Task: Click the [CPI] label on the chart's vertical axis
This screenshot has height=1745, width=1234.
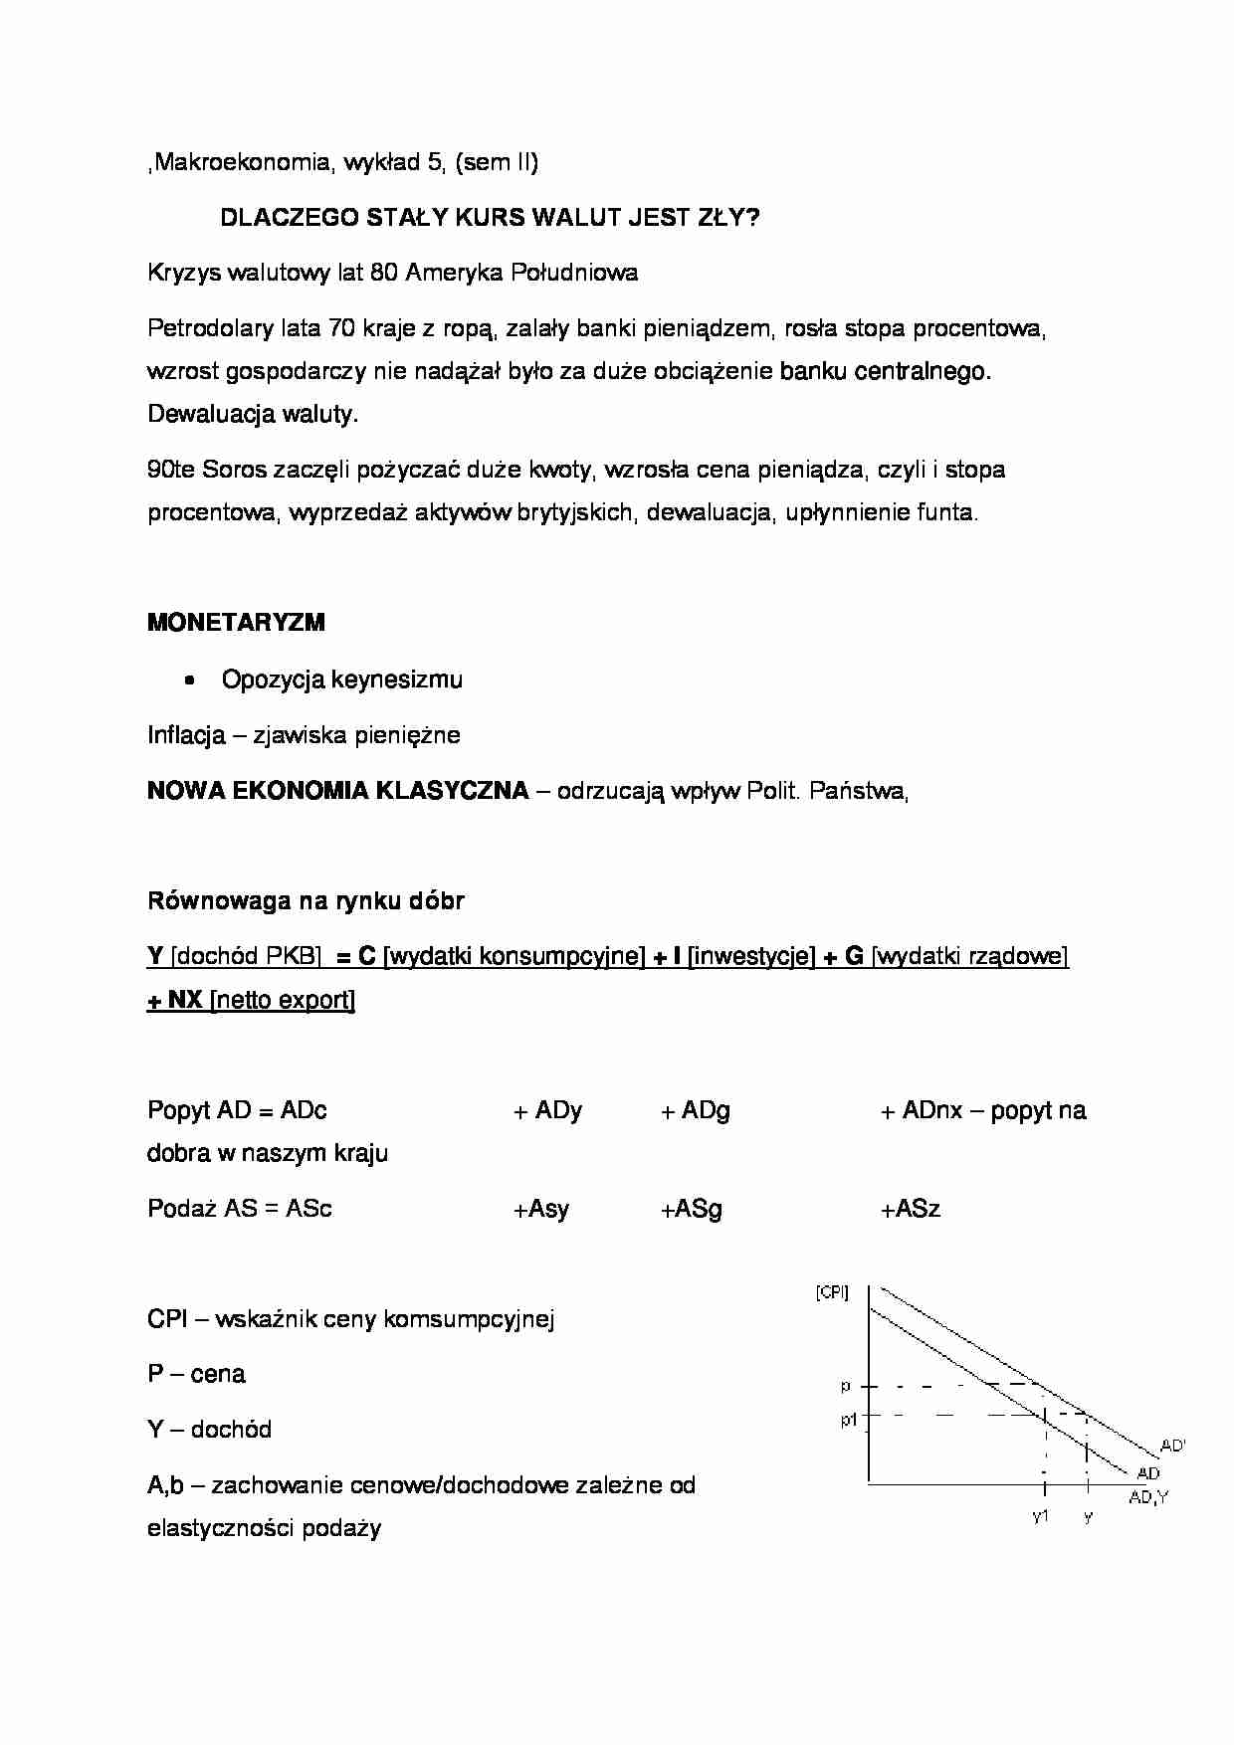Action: (832, 1292)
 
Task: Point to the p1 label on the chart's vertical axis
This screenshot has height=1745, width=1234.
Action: (848, 1420)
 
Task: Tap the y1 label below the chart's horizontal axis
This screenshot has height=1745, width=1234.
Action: (1041, 1516)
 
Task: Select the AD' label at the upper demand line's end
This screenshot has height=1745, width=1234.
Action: (1172, 1446)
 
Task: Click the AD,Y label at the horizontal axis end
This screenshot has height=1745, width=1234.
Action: (1148, 1497)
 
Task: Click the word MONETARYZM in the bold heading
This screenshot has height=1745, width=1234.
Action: (236, 623)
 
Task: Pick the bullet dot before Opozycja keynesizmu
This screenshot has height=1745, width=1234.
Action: (188, 680)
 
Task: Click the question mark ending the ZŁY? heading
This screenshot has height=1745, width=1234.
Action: (752, 218)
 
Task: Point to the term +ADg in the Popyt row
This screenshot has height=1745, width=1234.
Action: (696, 1110)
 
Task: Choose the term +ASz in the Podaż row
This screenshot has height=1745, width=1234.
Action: (910, 1209)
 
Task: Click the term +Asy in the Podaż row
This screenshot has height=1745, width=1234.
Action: (540, 1209)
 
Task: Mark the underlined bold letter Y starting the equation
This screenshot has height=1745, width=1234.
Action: (155, 956)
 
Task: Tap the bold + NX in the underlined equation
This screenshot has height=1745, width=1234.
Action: (175, 1000)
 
